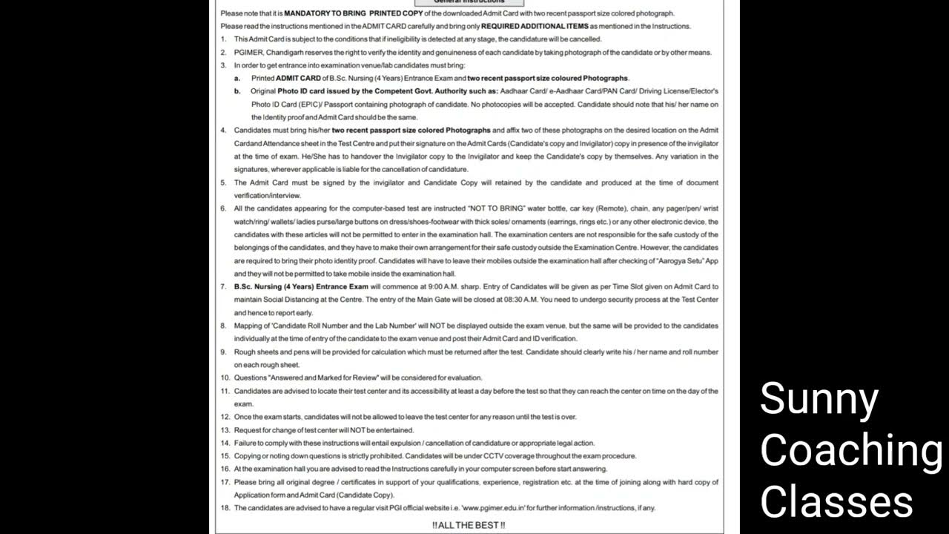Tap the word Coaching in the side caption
[851, 449]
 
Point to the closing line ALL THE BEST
[469, 525]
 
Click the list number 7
[224, 286]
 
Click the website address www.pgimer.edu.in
[493, 508]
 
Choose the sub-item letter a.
[237, 78]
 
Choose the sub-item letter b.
[237, 91]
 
